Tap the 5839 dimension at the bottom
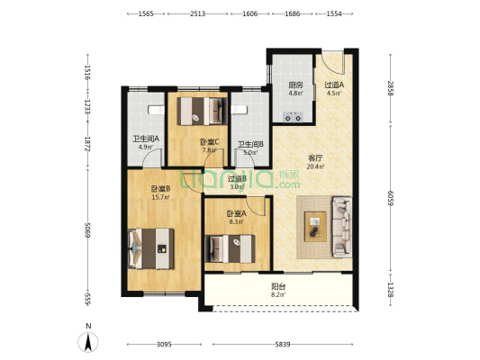coord(282,345)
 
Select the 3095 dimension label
coord(164,345)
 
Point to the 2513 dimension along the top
coord(197,13)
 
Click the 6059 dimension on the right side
coord(390,198)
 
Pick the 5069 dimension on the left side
coord(88,230)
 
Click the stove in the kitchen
coord(293,117)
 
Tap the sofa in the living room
coord(341,228)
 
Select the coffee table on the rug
coord(315,227)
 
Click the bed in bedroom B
coord(151,248)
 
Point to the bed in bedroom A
coord(231,248)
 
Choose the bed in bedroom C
coord(202,111)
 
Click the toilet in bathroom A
coord(156,110)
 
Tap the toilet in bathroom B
coord(239,110)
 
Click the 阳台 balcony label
coord(278,286)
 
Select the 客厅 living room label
coord(315,158)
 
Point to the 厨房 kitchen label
coord(295,85)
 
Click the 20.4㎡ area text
coord(315,166)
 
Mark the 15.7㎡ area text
coord(160,197)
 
